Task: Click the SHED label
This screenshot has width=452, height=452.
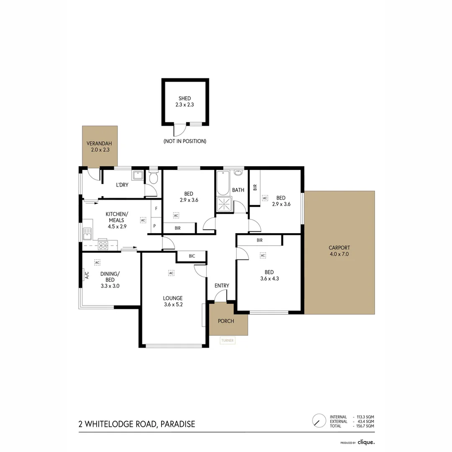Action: (x=185, y=98)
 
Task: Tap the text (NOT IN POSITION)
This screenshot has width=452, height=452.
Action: (x=185, y=141)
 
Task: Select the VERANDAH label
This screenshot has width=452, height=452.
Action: (x=100, y=143)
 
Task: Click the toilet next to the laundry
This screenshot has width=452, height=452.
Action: (x=153, y=178)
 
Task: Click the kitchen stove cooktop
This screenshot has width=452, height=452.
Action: (x=103, y=245)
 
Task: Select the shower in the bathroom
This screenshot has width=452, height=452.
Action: (x=224, y=205)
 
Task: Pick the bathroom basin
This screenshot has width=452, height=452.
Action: (x=238, y=172)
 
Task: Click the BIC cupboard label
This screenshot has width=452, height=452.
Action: (x=192, y=256)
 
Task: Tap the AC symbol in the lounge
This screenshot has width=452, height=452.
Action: (x=171, y=273)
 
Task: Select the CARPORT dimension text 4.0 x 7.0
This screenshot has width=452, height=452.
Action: (x=339, y=254)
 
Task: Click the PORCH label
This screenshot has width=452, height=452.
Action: (x=226, y=321)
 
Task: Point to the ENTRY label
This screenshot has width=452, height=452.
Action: (x=222, y=286)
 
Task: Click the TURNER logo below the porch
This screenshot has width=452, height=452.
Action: (x=227, y=340)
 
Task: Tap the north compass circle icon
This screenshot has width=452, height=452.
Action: (x=319, y=420)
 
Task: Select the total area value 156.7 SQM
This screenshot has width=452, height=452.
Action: (x=365, y=426)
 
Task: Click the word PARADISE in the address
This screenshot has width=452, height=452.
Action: (x=177, y=424)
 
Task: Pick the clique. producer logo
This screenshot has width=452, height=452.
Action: (x=366, y=442)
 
